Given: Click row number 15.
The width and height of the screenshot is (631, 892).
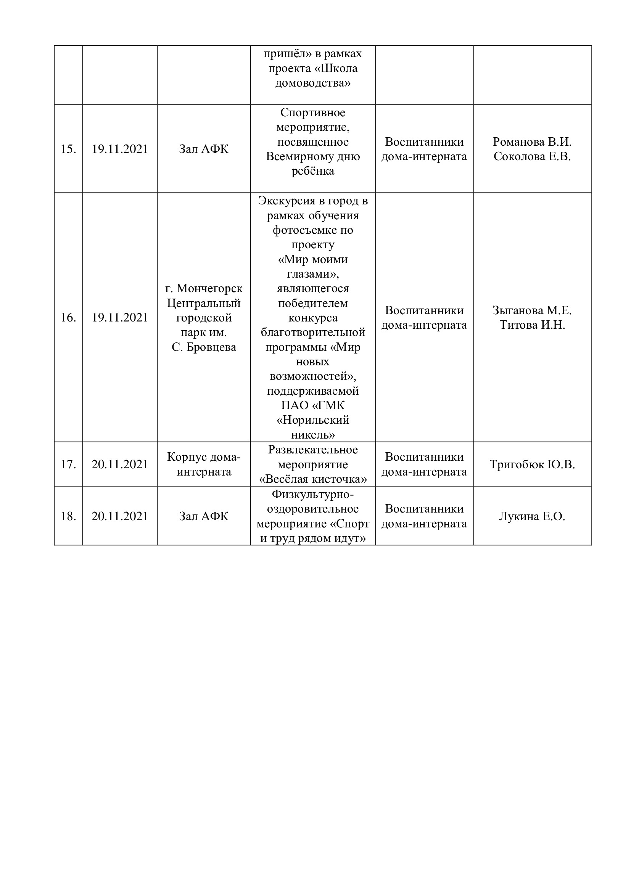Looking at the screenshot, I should coord(68,149).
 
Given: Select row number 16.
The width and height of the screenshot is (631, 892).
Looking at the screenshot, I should coord(68,318).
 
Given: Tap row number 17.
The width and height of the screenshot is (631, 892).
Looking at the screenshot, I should coord(68,464).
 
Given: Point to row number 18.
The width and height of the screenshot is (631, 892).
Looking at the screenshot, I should coord(68,516).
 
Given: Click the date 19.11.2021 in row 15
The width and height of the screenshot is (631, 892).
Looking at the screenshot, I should coord(120,149).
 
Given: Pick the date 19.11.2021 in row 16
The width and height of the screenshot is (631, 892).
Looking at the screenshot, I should coord(120,318).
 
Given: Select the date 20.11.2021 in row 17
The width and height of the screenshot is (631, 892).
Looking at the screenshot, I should coord(120,464).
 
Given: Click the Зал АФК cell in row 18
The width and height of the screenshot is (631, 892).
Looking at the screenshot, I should coord(204,516).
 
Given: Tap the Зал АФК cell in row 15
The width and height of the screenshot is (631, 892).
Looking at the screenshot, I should coord(204,149).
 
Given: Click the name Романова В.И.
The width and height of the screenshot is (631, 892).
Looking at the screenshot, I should coord(532,142).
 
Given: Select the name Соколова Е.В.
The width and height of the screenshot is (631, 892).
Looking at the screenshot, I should coord(532,157).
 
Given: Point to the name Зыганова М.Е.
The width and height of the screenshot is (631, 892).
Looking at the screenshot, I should coord(532,310).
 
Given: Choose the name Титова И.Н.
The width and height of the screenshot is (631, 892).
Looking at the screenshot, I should coord(532,325).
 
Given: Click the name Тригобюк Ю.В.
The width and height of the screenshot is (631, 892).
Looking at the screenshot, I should coord(532,464).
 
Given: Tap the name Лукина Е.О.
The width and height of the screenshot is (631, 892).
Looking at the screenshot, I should coord(532,516).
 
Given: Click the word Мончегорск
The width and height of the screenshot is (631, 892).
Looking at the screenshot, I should coord(209,289).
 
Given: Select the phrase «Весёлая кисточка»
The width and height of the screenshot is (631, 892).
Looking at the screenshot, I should coord(313,479).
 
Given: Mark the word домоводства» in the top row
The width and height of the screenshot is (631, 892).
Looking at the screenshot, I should coord(313,83).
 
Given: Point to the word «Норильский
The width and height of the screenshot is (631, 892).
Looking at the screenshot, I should coord(313,420).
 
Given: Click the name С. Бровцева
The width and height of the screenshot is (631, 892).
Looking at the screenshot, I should coord(204,347).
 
